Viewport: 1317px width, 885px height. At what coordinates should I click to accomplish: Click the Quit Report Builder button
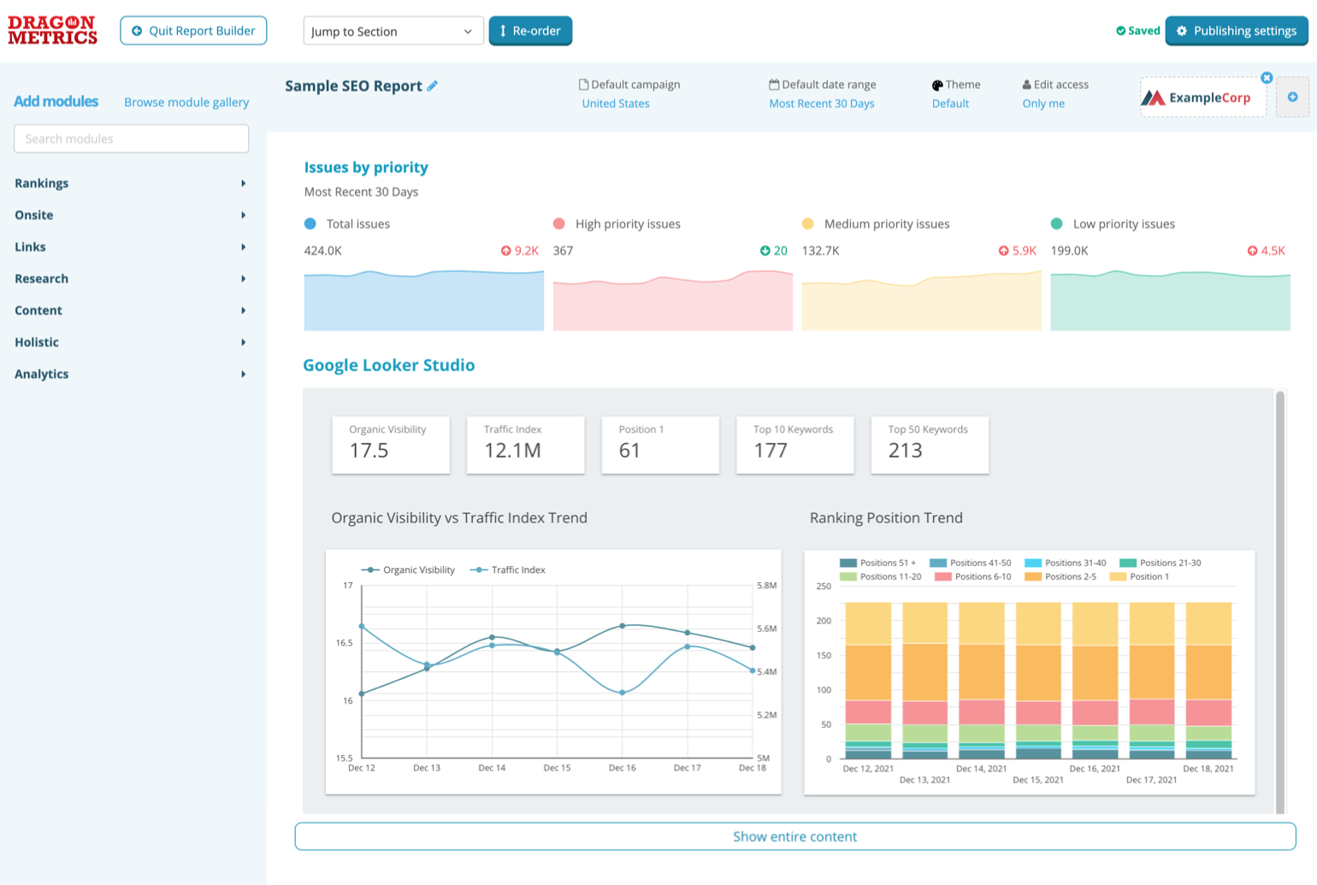pos(193,31)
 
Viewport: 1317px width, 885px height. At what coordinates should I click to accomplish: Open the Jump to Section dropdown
pos(393,32)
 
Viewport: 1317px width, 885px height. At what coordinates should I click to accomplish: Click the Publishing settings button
pos(1236,31)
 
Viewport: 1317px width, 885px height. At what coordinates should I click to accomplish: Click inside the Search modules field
pos(131,139)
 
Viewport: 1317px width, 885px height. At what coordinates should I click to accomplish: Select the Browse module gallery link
pos(186,102)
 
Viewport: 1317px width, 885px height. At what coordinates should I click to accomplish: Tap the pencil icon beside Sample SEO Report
pos(433,86)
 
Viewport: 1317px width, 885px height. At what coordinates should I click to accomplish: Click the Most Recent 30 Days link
pos(821,103)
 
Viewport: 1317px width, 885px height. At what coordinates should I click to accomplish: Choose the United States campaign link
pos(615,103)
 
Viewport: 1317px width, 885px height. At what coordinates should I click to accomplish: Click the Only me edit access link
pos(1043,103)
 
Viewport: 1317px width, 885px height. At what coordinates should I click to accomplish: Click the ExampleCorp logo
pos(1202,97)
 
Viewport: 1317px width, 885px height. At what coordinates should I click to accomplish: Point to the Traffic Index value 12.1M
pos(512,451)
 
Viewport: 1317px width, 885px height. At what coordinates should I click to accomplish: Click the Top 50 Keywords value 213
pos(905,451)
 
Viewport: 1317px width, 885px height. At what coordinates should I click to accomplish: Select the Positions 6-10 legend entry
pos(973,576)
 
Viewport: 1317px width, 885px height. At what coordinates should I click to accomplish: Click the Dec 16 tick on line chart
pos(622,768)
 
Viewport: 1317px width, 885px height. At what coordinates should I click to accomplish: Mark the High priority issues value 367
pos(563,251)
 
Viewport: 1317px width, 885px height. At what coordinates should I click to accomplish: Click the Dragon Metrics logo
pos(52,30)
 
